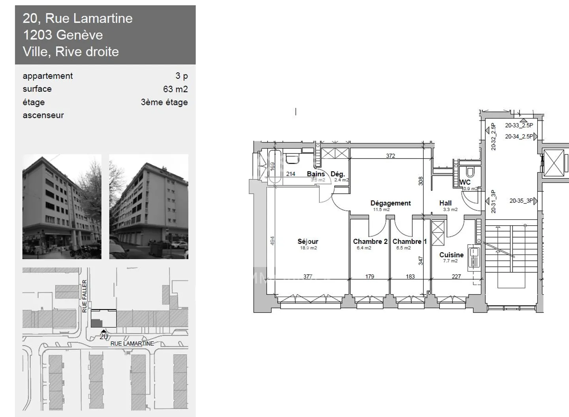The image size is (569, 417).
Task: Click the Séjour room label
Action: [x=308, y=241]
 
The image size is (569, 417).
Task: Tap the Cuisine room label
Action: [x=451, y=255]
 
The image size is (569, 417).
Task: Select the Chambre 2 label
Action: [x=370, y=241]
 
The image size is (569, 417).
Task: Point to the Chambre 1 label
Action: [x=409, y=241]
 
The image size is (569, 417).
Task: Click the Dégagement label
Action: [x=390, y=203]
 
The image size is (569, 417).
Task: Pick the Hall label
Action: [x=445, y=203]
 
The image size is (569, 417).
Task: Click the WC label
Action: [x=465, y=182]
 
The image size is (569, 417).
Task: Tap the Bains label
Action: [x=316, y=174]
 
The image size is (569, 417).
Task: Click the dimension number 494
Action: [x=272, y=241]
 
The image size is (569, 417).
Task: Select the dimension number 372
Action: [x=390, y=156]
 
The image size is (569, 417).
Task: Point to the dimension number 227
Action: [x=456, y=277]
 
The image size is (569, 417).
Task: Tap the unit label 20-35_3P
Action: [x=521, y=201]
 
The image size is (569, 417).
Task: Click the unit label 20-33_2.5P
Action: [x=519, y=125]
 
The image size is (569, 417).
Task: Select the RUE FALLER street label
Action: [x=84, y=296]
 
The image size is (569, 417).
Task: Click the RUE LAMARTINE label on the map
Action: [x=132, y=343]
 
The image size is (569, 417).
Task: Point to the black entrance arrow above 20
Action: [x=104, y=331]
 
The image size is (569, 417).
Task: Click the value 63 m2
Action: [x=175, y=89]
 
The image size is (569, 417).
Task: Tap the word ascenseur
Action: [x=43, y=115]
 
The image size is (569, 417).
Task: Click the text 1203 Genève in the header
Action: [x=63, y=35]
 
